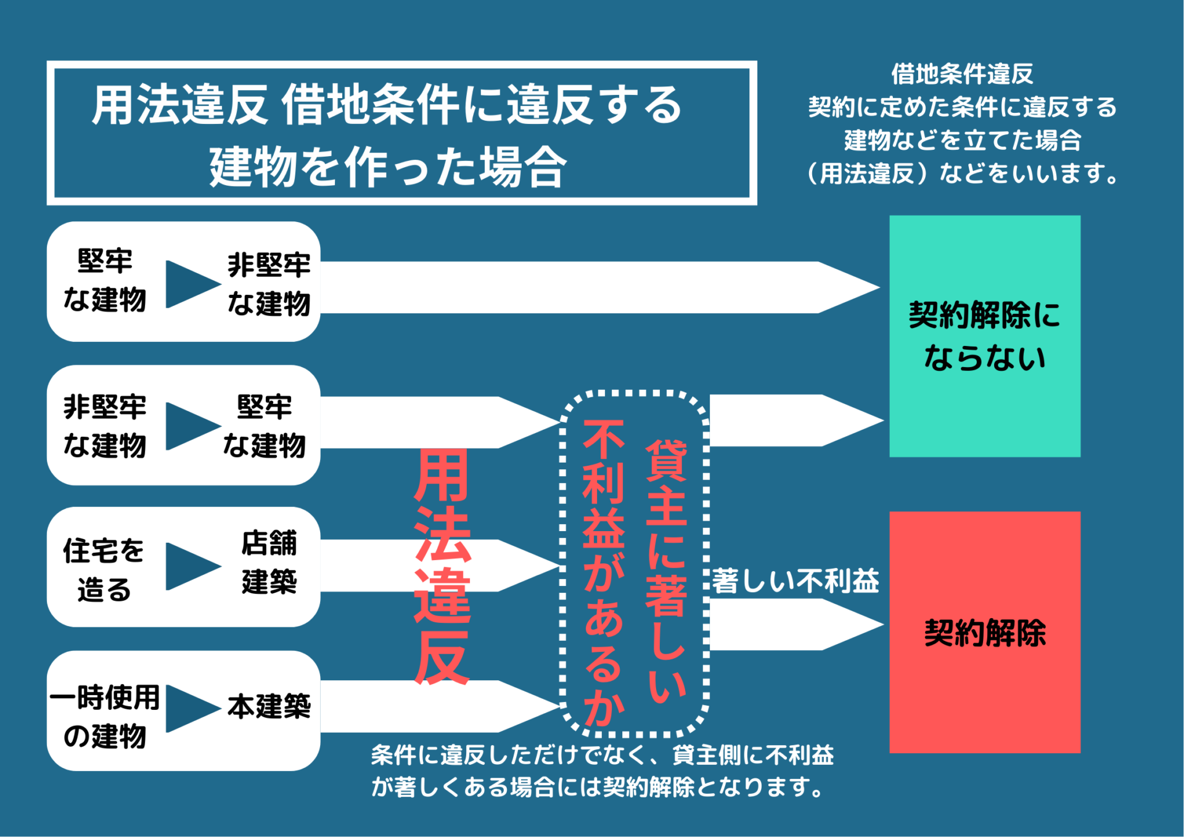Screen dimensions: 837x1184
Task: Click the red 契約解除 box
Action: tap(984, 632)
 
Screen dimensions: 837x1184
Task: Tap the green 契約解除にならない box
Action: tap(984, 336)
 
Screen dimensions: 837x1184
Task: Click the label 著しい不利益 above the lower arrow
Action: tap(795, 581)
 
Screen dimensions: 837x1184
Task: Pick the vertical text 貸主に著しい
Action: tap(666, 571)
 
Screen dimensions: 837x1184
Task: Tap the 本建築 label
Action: tap(269, 707)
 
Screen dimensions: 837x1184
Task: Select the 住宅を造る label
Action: tap(104, 569)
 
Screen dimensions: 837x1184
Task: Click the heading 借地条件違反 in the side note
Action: tap(961, 74)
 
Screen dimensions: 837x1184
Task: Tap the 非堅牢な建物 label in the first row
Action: tap(269, 284)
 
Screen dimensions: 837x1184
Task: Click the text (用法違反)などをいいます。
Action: tap(961, 174)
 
